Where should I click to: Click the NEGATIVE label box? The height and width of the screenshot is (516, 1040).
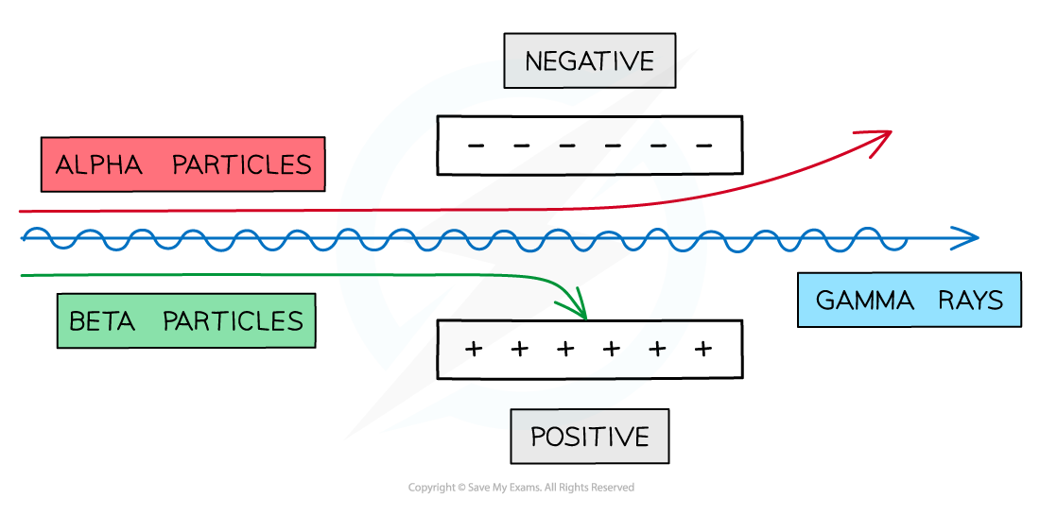tap(589, 61)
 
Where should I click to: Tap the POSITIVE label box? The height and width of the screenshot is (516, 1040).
tap(589, 437)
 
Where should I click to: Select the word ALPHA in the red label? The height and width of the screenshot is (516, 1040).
tap(98, 165)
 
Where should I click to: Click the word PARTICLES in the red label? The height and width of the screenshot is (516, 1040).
tap(241, 165)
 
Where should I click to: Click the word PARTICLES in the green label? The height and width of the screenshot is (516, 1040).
tap(233, 321)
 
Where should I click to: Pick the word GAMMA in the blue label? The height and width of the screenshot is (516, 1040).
tap(864, 301)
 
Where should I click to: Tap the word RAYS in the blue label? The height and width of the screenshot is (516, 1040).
tap(971, 301)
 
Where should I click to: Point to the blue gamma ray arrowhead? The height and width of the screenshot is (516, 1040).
tap(972, 238)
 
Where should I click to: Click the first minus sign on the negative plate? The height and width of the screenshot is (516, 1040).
tap(476, 146)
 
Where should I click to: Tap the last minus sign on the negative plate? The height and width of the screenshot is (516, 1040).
tap(703, 146)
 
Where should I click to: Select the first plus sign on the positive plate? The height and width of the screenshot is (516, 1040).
tap(474, 350)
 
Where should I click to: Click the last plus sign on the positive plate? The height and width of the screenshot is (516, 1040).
tap(702, 350)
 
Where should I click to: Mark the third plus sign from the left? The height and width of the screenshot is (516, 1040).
tap(565, 350)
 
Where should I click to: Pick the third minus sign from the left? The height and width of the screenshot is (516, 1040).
tap(567, 146)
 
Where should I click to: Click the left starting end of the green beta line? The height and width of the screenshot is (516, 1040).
tap(22, 275)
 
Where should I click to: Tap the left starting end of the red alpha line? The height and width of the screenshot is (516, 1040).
tap(22, 212)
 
